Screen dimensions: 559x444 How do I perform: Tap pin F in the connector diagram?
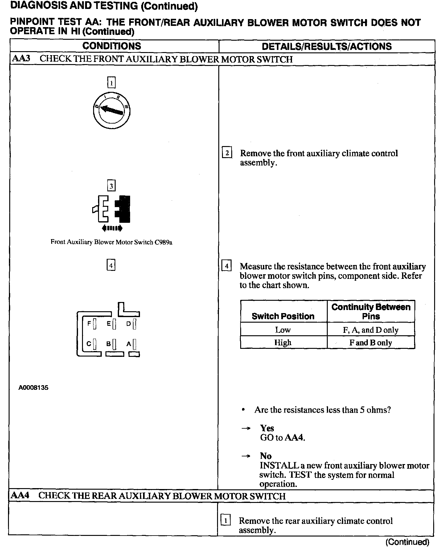pos(94,324)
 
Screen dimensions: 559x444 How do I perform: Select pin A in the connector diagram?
pos(134,344)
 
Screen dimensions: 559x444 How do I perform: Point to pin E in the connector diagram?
pos(114,324)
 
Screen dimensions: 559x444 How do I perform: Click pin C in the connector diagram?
pos(94,344)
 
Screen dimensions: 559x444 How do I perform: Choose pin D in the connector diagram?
pos(134,324)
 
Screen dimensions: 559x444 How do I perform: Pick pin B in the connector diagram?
pos(114,344)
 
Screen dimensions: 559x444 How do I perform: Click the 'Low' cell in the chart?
pos(283,330)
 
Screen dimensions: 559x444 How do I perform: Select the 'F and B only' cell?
pos(371,343)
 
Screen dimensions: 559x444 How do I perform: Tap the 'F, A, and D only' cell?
pos(371,330)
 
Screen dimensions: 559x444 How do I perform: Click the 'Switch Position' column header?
pos(283,316)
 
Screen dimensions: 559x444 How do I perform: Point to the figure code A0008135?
pos(33,388)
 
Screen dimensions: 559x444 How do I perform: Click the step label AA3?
pos(21,59)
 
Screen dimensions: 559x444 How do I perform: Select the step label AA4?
pos(20,496)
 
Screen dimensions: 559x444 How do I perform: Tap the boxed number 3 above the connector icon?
pos(111,186)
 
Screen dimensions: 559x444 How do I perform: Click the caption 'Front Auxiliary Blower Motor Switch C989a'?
pos(111,242)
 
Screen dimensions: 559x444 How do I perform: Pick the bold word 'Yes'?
pos(267,428)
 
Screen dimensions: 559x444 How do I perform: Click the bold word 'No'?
pos(266,456)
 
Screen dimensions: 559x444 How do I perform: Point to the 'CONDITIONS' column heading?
pos(112,46)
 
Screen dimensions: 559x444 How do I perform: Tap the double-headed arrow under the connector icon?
pos(112,228)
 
